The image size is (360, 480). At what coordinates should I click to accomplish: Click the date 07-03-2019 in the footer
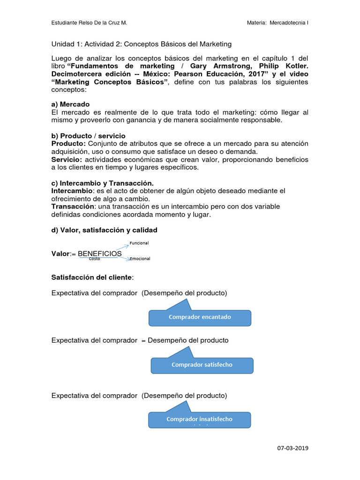pos(293,448)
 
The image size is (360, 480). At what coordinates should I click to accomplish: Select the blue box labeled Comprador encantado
pos(200,317)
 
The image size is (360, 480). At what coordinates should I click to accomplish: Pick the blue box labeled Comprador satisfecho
pos(202,365)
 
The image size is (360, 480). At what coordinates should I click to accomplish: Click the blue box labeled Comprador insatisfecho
pos(199,419)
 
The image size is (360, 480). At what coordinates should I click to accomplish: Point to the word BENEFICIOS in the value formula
pos(99,254)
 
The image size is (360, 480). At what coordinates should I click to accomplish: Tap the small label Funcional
pos(139,243)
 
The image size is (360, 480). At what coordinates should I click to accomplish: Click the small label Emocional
pos(140,259)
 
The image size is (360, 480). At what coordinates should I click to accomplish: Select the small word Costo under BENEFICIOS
pos(94,259)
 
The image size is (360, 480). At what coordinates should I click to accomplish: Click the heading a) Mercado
pos(70,104)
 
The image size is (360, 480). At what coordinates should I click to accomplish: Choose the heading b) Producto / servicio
pos(88,136)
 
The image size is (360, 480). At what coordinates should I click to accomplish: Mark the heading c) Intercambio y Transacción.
pos(102,183)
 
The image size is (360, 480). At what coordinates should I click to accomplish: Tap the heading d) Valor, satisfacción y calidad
pos(104,230)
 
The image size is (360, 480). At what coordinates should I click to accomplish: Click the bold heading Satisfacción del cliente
pos(92,277)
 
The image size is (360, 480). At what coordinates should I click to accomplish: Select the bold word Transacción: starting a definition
pos(73,207)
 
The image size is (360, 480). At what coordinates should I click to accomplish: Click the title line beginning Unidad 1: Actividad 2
pos(141,44)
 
